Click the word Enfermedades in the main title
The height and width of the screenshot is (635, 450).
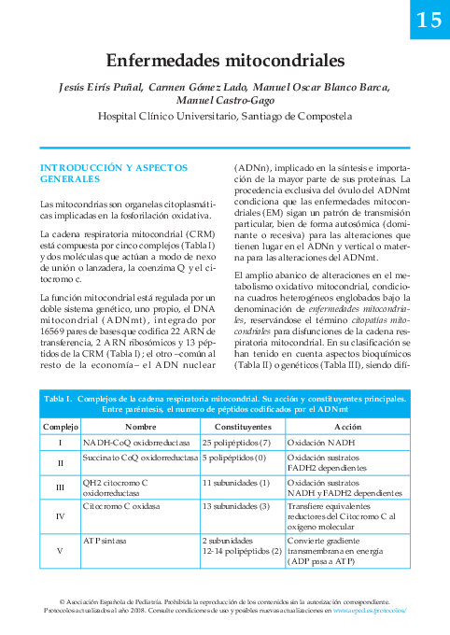(x=166, y=62)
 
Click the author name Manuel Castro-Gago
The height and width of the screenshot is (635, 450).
(x=225, y=101)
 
